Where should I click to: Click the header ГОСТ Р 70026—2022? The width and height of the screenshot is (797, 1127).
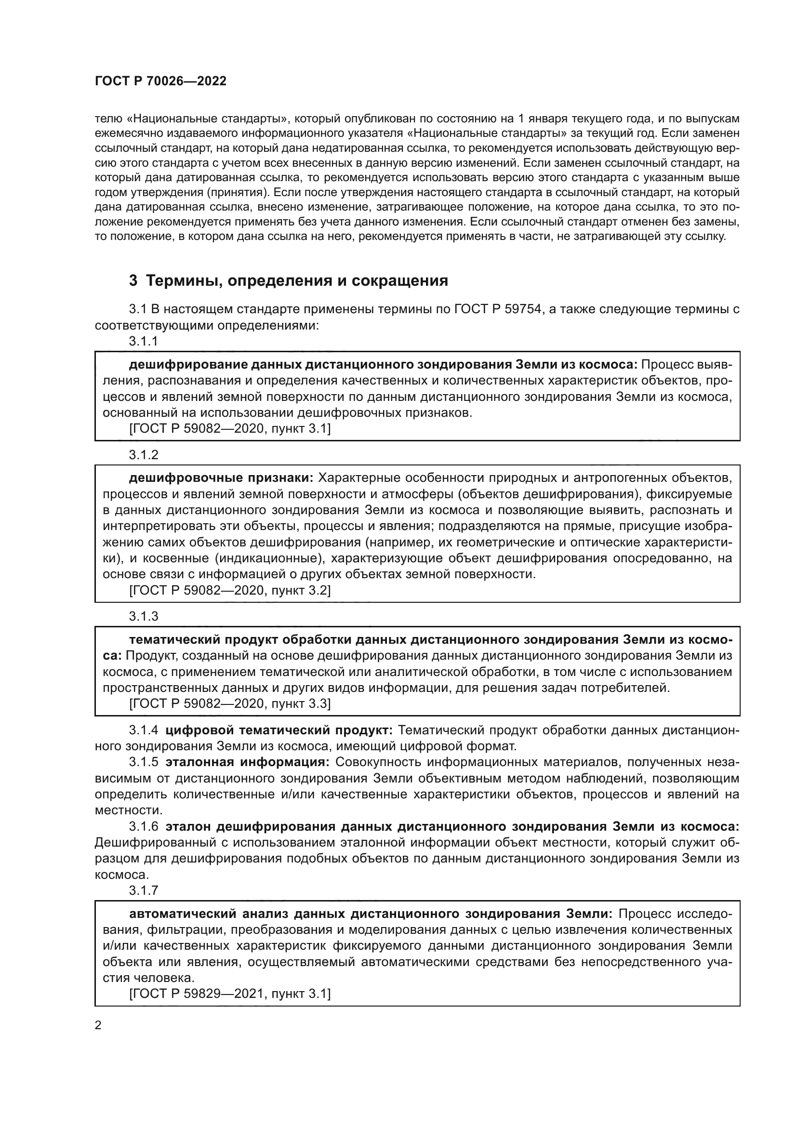160,81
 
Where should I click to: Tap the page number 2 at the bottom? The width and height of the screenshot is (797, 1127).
98,1012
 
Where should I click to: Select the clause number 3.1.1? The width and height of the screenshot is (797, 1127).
143,341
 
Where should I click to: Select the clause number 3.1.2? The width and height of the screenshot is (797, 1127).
143,454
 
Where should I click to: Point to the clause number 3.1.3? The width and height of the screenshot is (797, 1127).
143,616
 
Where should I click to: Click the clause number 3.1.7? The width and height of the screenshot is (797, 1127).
143,890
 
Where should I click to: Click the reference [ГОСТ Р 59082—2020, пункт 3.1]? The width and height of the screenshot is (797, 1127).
230,429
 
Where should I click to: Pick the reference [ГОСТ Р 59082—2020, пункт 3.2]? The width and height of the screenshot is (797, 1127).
230,591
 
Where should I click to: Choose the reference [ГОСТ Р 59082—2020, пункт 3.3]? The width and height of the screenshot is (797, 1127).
230,704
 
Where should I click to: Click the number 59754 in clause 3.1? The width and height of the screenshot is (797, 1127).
523,309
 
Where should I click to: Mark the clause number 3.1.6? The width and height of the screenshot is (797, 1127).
143,827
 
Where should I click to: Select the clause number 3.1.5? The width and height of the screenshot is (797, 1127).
143,762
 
